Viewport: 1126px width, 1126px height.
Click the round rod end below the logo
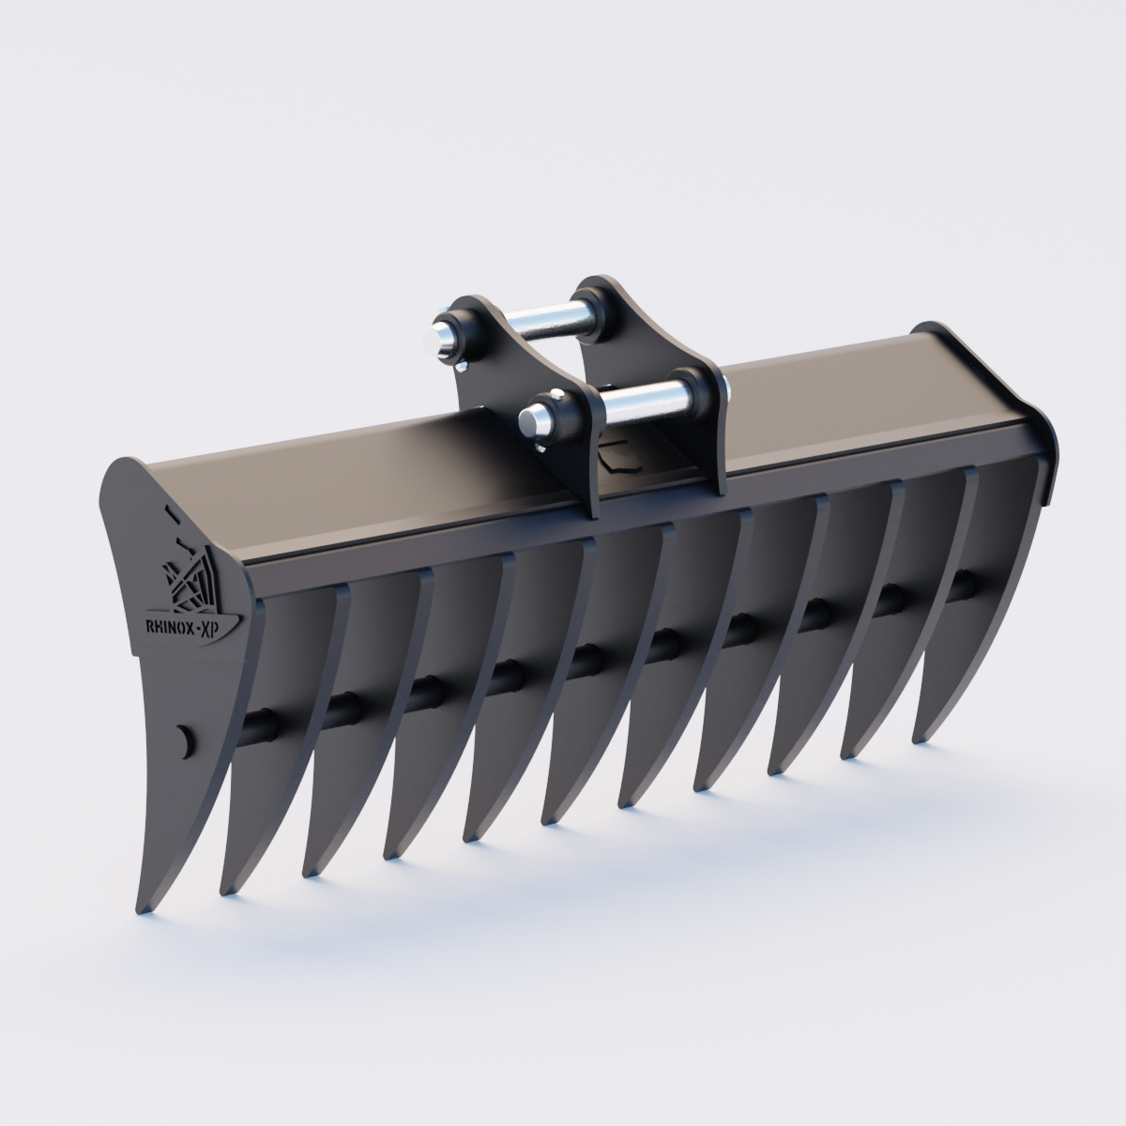(x=184, y=738)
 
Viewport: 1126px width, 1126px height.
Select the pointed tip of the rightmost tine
(x=919, y=740)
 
